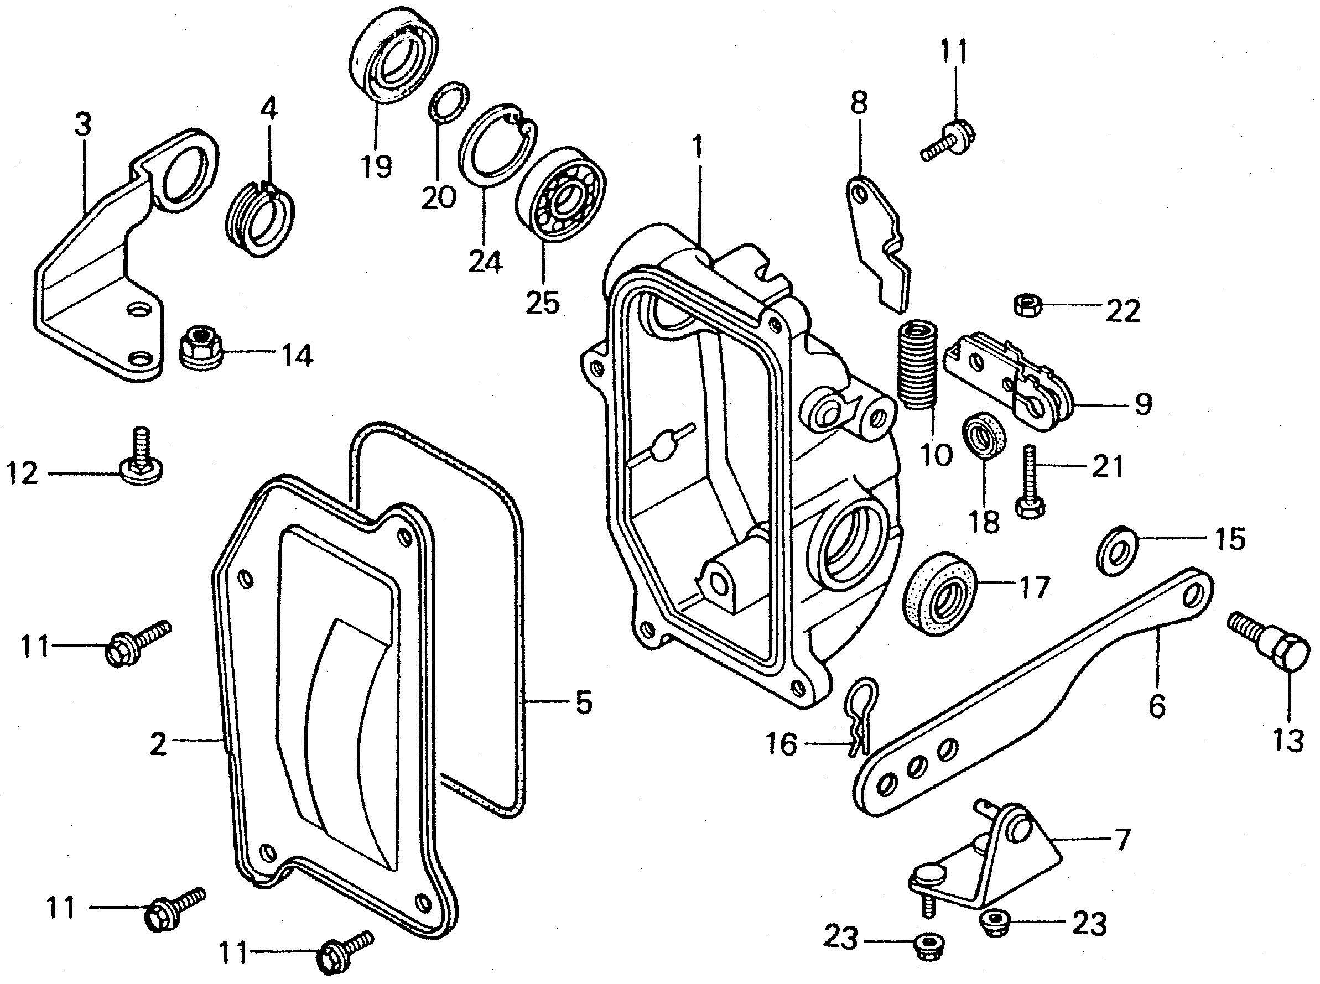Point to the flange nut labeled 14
tap(201, 347)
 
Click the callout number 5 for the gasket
tap(583, 704)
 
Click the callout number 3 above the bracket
tap(84, 126)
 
